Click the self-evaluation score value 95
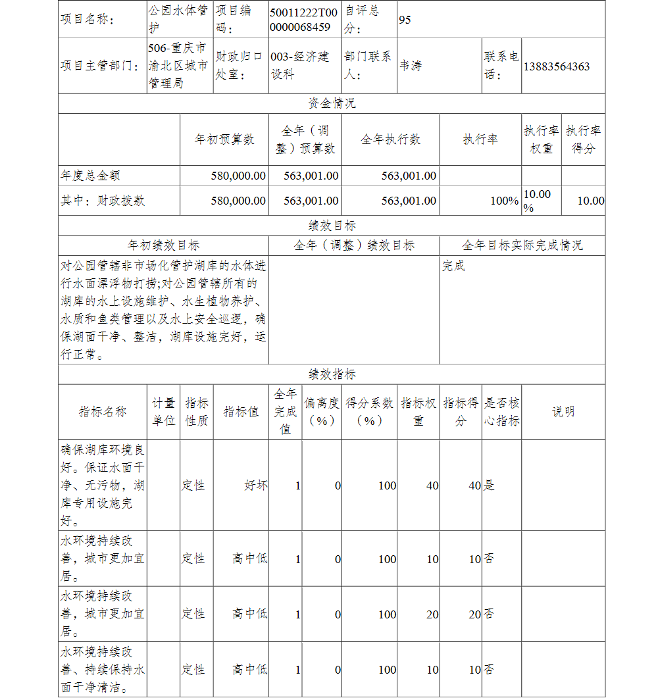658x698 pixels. (405, 20)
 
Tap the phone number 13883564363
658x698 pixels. (557, 66)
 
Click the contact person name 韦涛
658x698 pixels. (411, 66)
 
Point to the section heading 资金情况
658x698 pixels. (332, 104)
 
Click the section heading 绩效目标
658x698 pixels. (332, 226)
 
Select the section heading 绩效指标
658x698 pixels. (332, 374)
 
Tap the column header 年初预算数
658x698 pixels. (224, 139)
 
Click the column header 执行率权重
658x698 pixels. (541, 139)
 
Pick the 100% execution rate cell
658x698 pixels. (504, 201)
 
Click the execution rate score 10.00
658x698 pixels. (590, 201)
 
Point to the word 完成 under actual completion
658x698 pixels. (453, 266)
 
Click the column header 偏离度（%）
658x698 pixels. (322, 412)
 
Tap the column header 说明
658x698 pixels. (563, 412)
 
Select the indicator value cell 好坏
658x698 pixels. (255, 486)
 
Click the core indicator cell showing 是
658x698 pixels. (489, 486)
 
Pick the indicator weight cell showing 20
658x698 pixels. (432, 614)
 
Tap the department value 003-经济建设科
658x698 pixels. (300, 66)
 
